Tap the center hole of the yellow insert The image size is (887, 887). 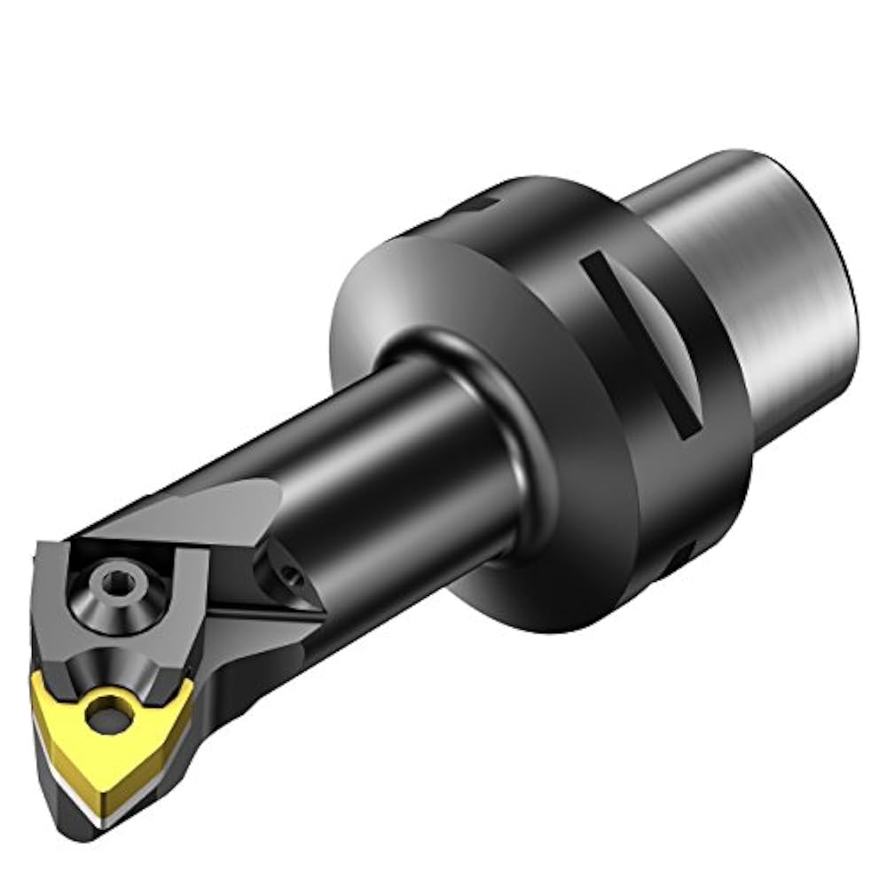(x=110, y=710)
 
